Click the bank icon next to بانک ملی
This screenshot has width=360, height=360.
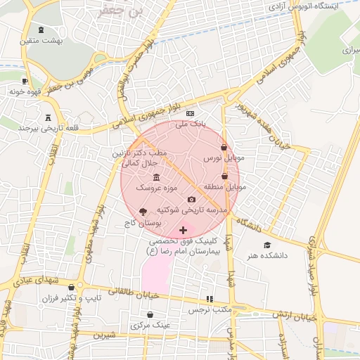click(x=190, y=113)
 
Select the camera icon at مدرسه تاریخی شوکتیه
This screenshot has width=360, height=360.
click(x=191, y=200)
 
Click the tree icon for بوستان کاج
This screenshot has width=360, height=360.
click(x=143, y=211)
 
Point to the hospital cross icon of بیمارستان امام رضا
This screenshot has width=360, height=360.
click(x=184, y=230)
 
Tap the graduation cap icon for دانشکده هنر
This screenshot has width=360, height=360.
click(x=266, y=245)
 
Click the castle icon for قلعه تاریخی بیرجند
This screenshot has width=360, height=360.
click(x=49, y=117)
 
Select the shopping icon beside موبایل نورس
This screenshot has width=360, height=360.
click(x=224, y=148)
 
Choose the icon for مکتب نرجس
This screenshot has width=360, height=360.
click(x=209, y=299)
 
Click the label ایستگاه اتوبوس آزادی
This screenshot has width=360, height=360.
click(x=314, y=6)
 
